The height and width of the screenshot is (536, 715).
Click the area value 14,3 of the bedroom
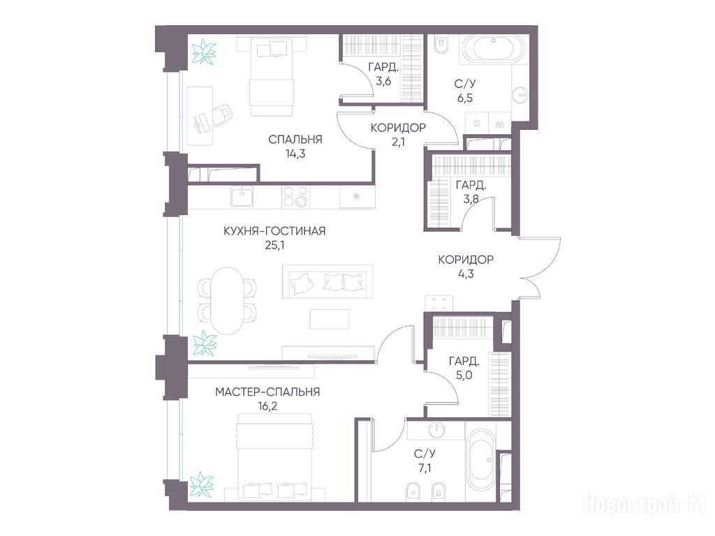[295, 154]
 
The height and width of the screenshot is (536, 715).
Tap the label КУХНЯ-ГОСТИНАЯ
[274, 231]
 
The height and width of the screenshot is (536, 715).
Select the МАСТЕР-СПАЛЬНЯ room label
[267, 392]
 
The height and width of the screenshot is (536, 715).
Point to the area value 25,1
[274, 246]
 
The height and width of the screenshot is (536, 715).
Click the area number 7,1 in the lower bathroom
[424, 468]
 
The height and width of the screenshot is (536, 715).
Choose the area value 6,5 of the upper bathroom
[464, 98]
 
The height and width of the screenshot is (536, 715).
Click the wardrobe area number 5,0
[464, 375]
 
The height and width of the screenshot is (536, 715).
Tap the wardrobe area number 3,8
[471, 199]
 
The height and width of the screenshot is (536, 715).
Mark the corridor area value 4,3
[466, 274]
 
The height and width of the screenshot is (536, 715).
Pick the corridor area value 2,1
[397, 142]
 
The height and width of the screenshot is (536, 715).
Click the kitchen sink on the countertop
[241, 198]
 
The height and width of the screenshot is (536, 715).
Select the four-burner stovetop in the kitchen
[295, 197]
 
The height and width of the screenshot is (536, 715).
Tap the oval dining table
[227, 301]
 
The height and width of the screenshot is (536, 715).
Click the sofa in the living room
[327, 282]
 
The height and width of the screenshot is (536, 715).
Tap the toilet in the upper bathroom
[441, 44]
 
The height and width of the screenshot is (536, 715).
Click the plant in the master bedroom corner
[202, 484]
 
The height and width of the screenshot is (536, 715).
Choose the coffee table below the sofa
[330, 319]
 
